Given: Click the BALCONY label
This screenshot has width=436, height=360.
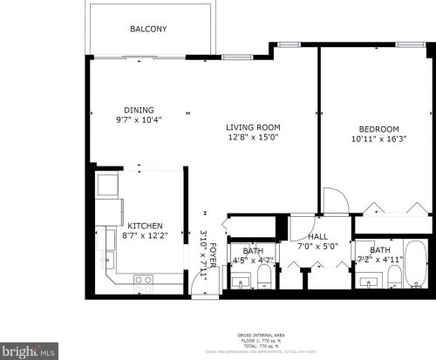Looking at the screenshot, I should click(x=148, y=30).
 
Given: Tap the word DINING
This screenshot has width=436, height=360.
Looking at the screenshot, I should click(x=139, y=110).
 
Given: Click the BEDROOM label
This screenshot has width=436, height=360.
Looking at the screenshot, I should click(x=379, y=129).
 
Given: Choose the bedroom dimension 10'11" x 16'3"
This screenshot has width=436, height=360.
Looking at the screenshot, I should click(x=379, y=139).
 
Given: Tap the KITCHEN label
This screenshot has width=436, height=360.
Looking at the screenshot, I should click(x=144, y=226).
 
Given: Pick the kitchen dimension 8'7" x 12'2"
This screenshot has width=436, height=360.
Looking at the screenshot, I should click(x=144, y=235).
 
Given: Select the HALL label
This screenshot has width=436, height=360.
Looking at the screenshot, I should click(x=317, y=236).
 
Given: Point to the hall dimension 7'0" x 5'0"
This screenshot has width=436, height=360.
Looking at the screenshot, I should click(x=317, y=246).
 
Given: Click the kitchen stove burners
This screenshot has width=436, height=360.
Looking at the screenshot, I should click(x=144, y=280).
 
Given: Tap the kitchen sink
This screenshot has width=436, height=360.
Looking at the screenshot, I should click(x=108, y=258).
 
